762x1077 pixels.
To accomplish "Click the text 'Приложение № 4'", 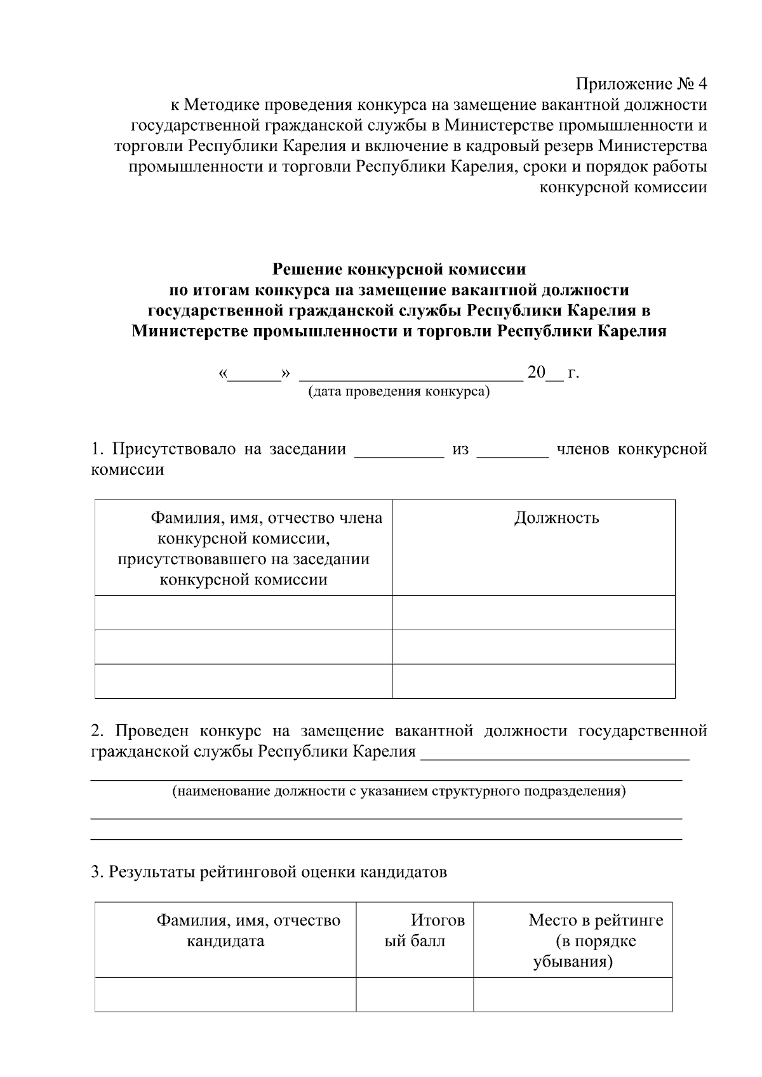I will click(641, 84).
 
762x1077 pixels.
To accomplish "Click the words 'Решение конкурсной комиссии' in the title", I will click(399, 269).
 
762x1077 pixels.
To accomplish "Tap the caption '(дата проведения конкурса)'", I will click(399, 392).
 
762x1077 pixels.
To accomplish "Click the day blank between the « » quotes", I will click(255, 374).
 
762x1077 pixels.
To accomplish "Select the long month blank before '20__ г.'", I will click(411, 374).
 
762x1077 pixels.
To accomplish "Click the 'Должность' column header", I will click(556, 518).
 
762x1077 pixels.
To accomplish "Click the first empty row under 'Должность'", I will click(533, 612).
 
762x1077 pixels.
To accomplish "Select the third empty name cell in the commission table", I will click(244, 681).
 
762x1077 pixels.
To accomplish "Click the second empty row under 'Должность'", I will click(533, 647).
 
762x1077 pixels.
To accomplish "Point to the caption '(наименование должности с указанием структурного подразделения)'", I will click(399, 791).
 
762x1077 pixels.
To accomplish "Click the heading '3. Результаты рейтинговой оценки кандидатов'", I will click(269, 872).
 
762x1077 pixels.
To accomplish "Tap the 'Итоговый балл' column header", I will click(415, 930).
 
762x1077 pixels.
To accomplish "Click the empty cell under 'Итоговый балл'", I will click(415, 994).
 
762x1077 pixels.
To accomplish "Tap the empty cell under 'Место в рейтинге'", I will click(573, 994).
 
